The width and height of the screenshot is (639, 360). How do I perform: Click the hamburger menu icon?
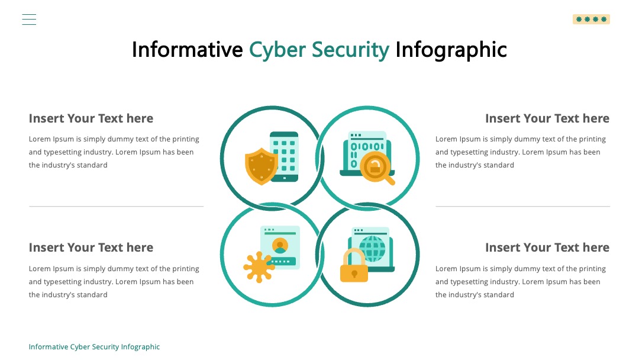coord(29,20)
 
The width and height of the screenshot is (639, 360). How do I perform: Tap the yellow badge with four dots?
coord(591,19)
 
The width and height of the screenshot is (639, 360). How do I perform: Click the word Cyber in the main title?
coord(277,50)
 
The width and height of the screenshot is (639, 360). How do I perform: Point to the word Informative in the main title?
coord(188,49)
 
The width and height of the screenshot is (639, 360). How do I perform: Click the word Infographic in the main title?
coord(451,50)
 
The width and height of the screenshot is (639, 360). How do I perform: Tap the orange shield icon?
coord(262,166)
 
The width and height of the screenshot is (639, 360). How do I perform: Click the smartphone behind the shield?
coord(285,156)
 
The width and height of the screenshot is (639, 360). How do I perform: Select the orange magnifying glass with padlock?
coord(377,168)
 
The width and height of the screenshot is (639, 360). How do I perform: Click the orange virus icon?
coord(259,267)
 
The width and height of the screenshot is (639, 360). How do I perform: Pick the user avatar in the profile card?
coord(280,246)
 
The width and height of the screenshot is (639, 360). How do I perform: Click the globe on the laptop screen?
coord(373,249)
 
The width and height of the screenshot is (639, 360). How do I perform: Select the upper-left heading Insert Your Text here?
coord(91,118)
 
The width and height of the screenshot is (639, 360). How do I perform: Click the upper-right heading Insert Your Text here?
coord(547,118)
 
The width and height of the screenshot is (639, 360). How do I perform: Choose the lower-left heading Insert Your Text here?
coord(91,247)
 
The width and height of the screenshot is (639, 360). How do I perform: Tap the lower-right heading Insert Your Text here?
coord(547,247)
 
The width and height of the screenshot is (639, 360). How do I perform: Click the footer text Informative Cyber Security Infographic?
coord(94,347)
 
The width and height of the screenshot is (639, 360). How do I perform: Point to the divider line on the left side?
coord(116,206)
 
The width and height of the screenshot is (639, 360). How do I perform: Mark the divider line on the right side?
coord(523,206)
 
